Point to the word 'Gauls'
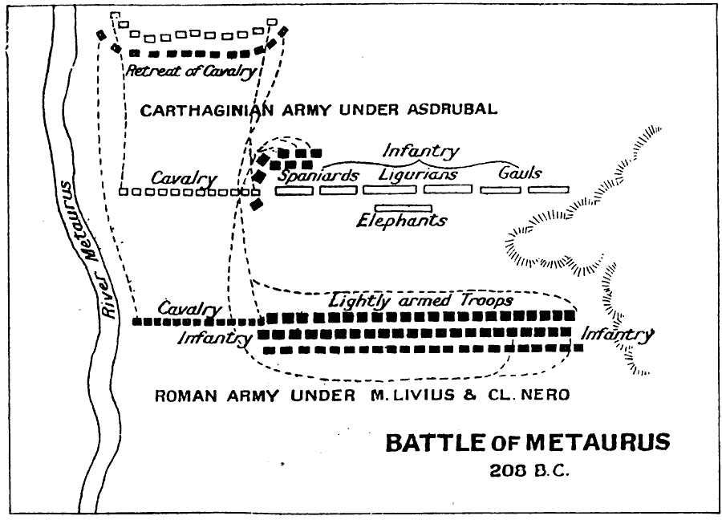tap(520, 173)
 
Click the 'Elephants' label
tap(402, 220)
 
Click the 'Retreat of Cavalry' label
tap(191, 71)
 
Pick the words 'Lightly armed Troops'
tap(421, 300)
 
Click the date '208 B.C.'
tap(527, 471)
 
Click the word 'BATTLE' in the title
tap(435, 443)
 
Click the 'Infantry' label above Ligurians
tap(420, 151)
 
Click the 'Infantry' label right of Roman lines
tap(617, 335)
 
